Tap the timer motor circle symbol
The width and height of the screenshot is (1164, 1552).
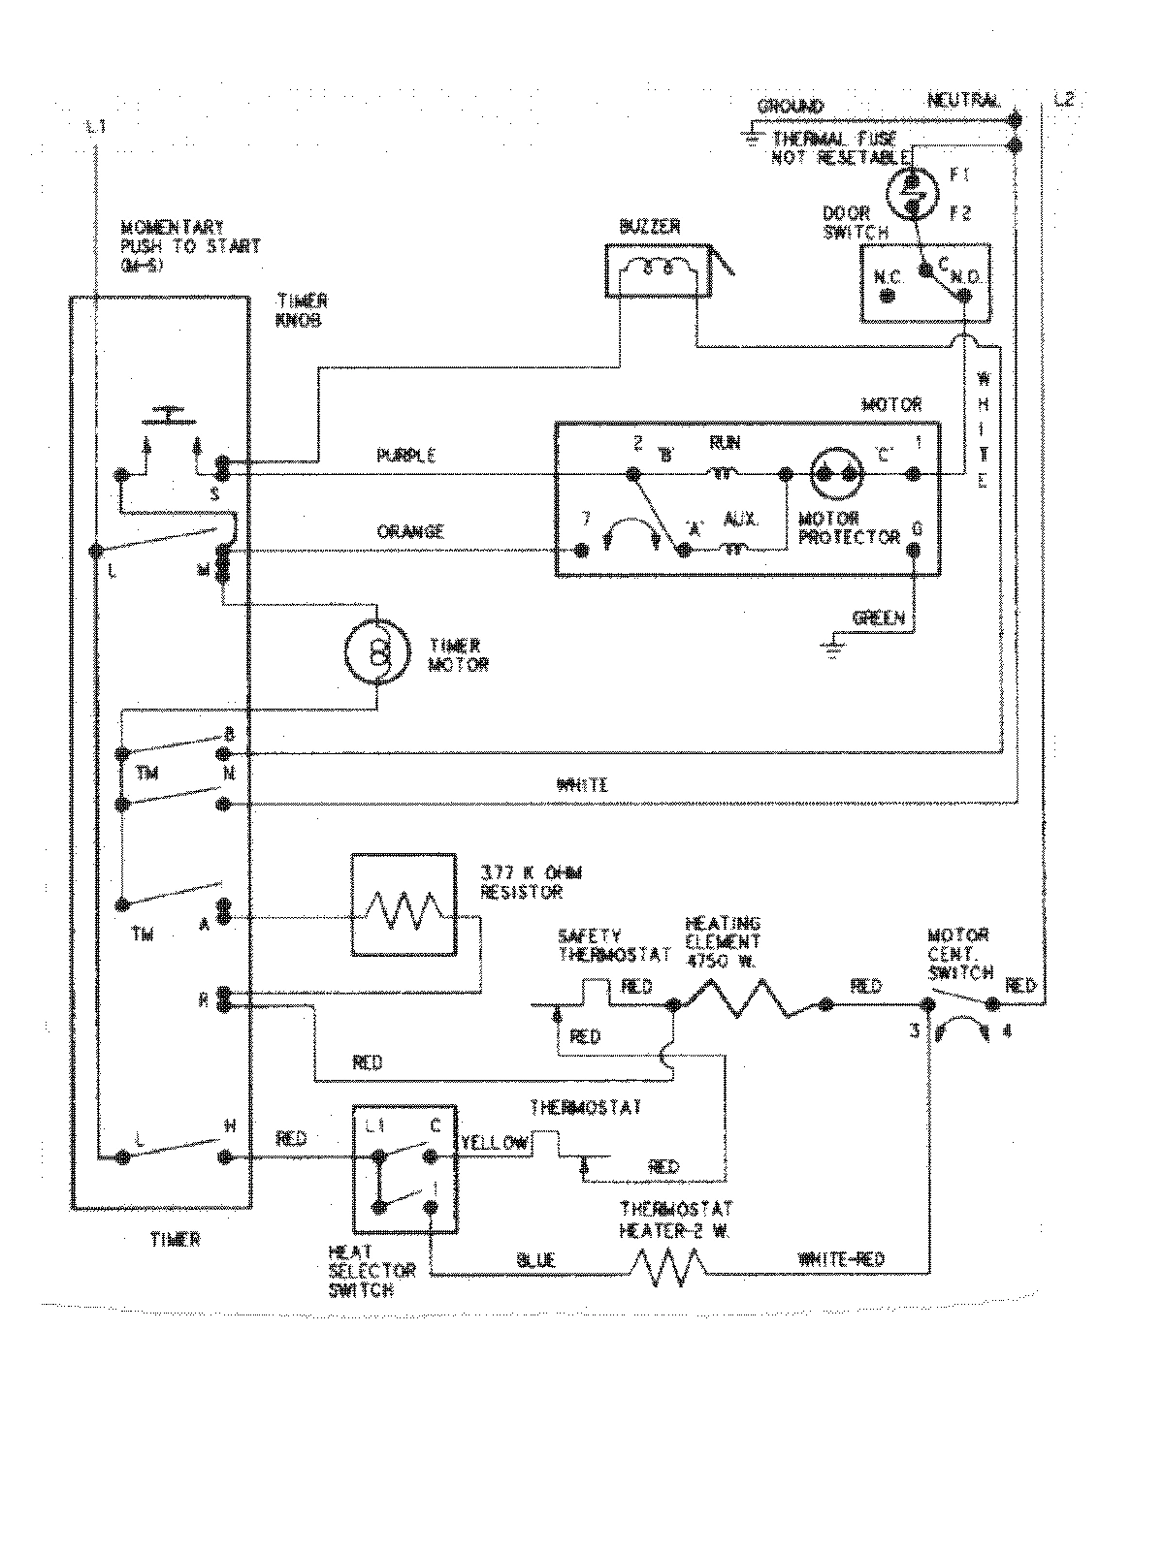click(377, 655)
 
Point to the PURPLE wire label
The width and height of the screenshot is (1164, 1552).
click(405, 455)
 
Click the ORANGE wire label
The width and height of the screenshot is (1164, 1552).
click(410, 531)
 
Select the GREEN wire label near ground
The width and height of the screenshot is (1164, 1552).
click(878, 617)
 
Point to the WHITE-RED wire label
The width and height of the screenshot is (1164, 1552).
click(841, 1260)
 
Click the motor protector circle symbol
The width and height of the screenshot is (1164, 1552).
click(837, 474)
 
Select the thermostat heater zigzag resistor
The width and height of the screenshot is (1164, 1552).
click(669, 1268)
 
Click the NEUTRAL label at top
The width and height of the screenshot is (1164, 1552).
click(963, 101)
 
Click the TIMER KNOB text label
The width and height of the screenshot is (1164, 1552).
click(302, 310)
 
